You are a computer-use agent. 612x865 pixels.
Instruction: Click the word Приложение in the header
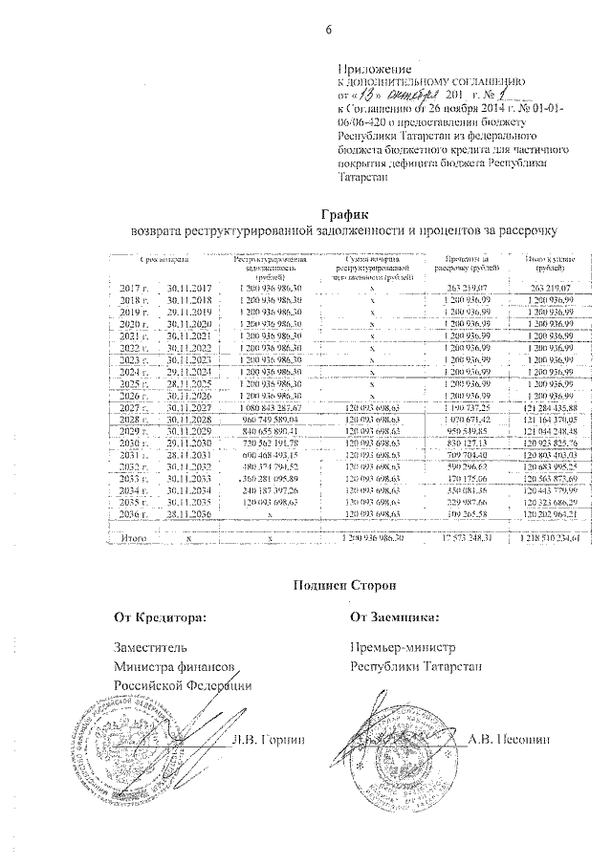tap(375, 70)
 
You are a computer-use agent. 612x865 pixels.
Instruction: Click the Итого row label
tap(134, 539)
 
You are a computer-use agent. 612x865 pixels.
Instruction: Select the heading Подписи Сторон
tap(343, 584)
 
